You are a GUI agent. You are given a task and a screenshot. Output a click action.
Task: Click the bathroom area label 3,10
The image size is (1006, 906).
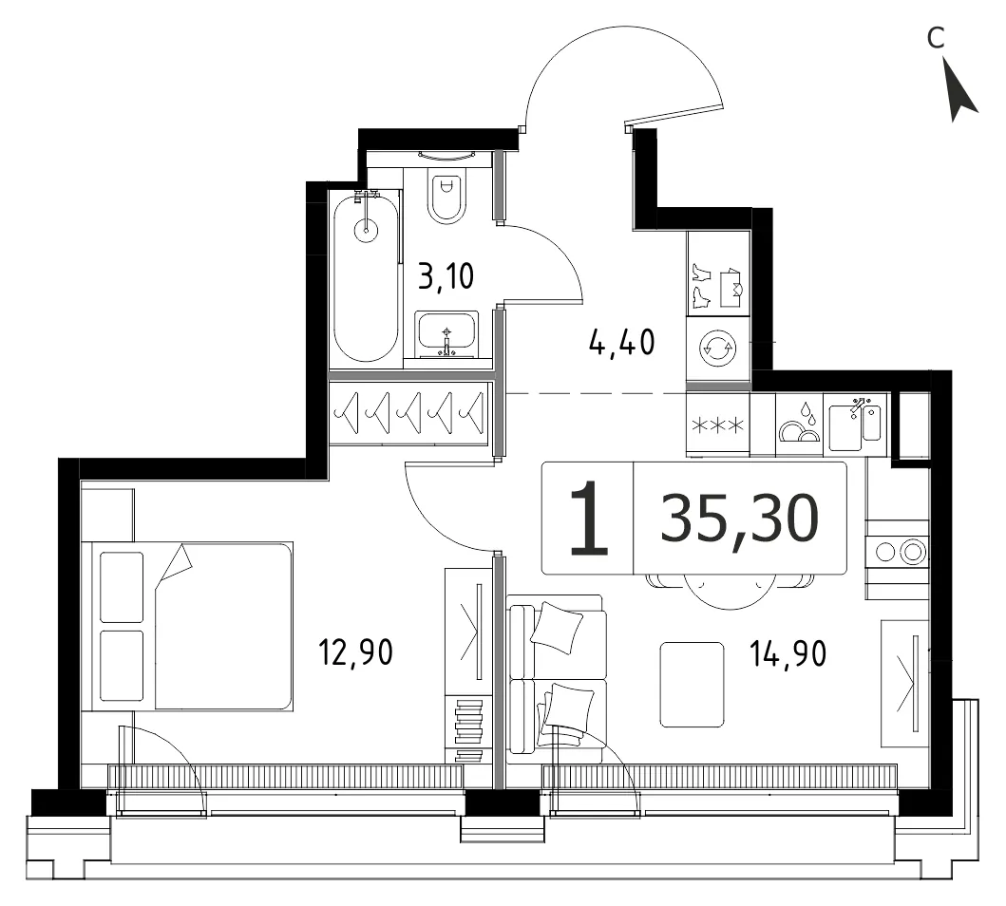coord(446,276)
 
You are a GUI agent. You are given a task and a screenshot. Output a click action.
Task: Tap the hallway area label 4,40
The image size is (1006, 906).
coord(621,342)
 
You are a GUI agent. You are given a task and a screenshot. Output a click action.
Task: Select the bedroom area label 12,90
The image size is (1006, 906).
coord(355,652)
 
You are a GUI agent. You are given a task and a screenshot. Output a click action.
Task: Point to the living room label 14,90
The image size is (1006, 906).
coord(788,653)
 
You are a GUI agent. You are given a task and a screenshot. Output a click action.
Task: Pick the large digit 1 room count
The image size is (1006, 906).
coord(588,519)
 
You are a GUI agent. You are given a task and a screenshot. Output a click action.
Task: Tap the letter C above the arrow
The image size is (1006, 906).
coord(936,38)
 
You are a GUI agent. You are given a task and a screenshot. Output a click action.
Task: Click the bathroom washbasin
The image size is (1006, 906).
coord(446,334)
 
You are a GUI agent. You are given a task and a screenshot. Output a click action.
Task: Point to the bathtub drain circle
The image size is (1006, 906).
coord(367,230)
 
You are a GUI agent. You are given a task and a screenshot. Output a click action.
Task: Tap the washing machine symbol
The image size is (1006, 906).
coord(717,349)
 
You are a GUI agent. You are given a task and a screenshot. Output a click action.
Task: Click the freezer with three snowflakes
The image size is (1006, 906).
coord(718,425)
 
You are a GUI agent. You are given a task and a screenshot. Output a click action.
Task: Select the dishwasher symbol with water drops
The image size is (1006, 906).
coord(800,424)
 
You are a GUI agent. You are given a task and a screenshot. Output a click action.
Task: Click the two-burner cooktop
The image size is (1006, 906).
coord(898,552)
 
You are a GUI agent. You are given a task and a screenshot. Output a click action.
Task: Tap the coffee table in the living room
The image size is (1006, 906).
coord(693,684)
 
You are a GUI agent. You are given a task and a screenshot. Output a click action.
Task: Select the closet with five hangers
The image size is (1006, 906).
coord(409,413)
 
